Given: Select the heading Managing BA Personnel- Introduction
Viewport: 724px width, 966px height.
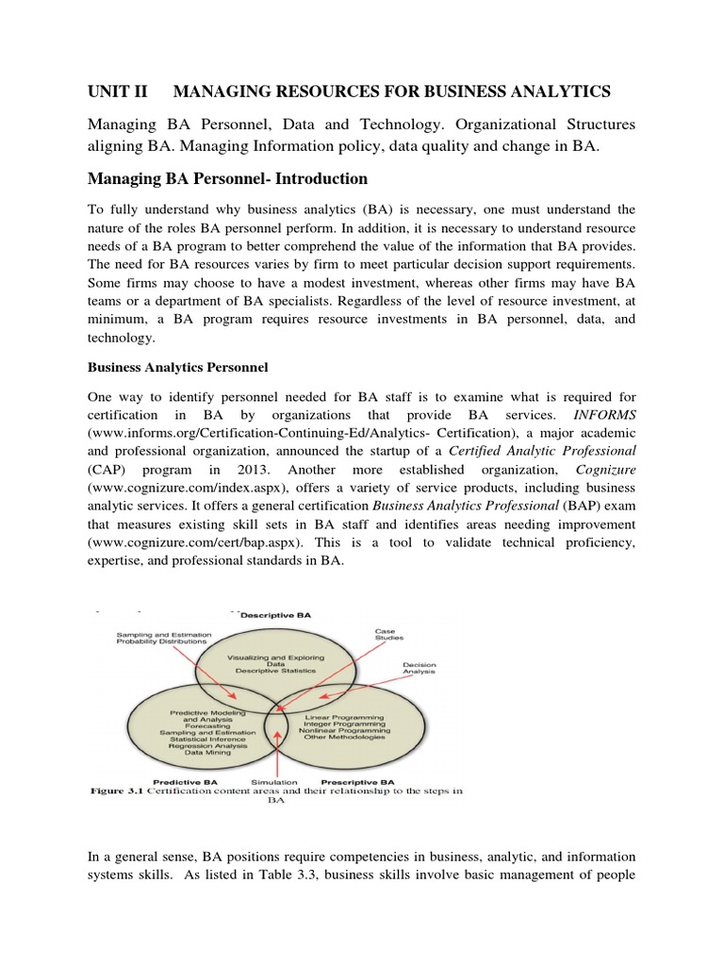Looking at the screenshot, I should click(x=227, y=178).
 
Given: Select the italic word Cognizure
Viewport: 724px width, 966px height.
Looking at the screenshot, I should click(x=601, y=470).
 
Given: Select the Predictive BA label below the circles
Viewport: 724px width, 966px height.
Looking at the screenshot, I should click(x=185, y=783).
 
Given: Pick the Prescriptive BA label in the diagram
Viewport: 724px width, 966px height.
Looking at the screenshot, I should click(x=357, y=783).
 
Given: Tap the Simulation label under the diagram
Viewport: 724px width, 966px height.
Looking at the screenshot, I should click(x=273, y=783).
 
